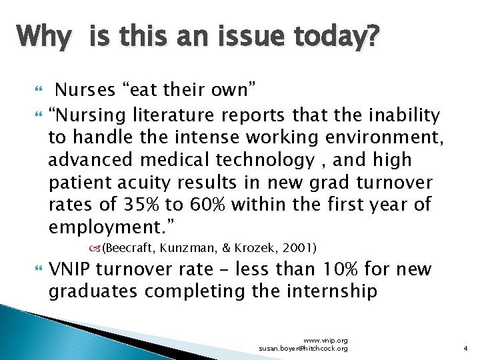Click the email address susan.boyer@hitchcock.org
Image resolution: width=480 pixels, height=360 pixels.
click(x=303, y=349)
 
